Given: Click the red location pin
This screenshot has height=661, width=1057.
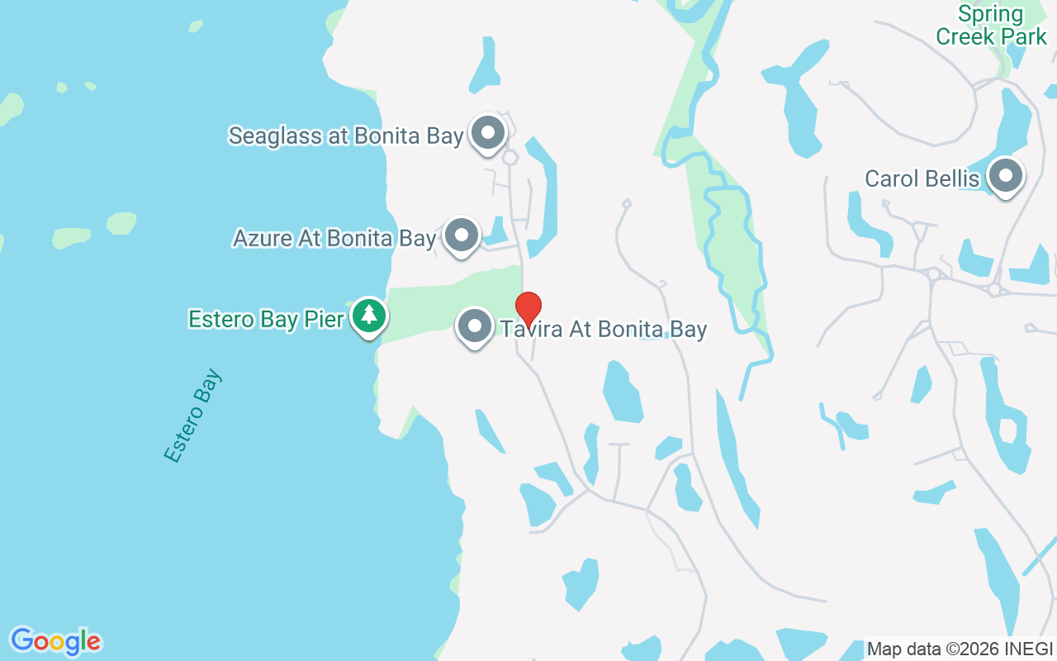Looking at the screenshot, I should point(528,307).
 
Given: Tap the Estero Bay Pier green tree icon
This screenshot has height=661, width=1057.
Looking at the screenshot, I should point(369,316).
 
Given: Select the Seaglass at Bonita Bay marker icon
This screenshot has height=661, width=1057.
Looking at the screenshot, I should point(488,132).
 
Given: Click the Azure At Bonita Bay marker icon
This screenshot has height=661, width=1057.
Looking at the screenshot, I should point(462,235).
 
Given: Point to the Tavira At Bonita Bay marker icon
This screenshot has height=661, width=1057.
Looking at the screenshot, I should point(475,326).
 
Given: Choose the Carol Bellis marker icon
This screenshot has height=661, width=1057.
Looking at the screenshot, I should point(1006,176).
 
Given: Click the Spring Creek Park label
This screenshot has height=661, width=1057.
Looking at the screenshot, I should point(991,25).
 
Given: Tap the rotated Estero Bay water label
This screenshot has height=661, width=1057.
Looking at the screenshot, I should point(193,416).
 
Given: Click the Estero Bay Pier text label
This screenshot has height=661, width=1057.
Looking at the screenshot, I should point(266,319).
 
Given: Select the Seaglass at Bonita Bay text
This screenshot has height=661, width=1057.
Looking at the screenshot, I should point(345,136).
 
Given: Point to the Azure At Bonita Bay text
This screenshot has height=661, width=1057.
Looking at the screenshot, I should point(334,239).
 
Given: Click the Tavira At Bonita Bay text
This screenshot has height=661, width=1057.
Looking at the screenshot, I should point(604,330).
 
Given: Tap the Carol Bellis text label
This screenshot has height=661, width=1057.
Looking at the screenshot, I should point(922,179).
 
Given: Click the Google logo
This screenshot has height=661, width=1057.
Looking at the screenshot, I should point(55,641).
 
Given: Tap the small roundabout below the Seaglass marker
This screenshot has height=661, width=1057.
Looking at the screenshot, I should point(510,157).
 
